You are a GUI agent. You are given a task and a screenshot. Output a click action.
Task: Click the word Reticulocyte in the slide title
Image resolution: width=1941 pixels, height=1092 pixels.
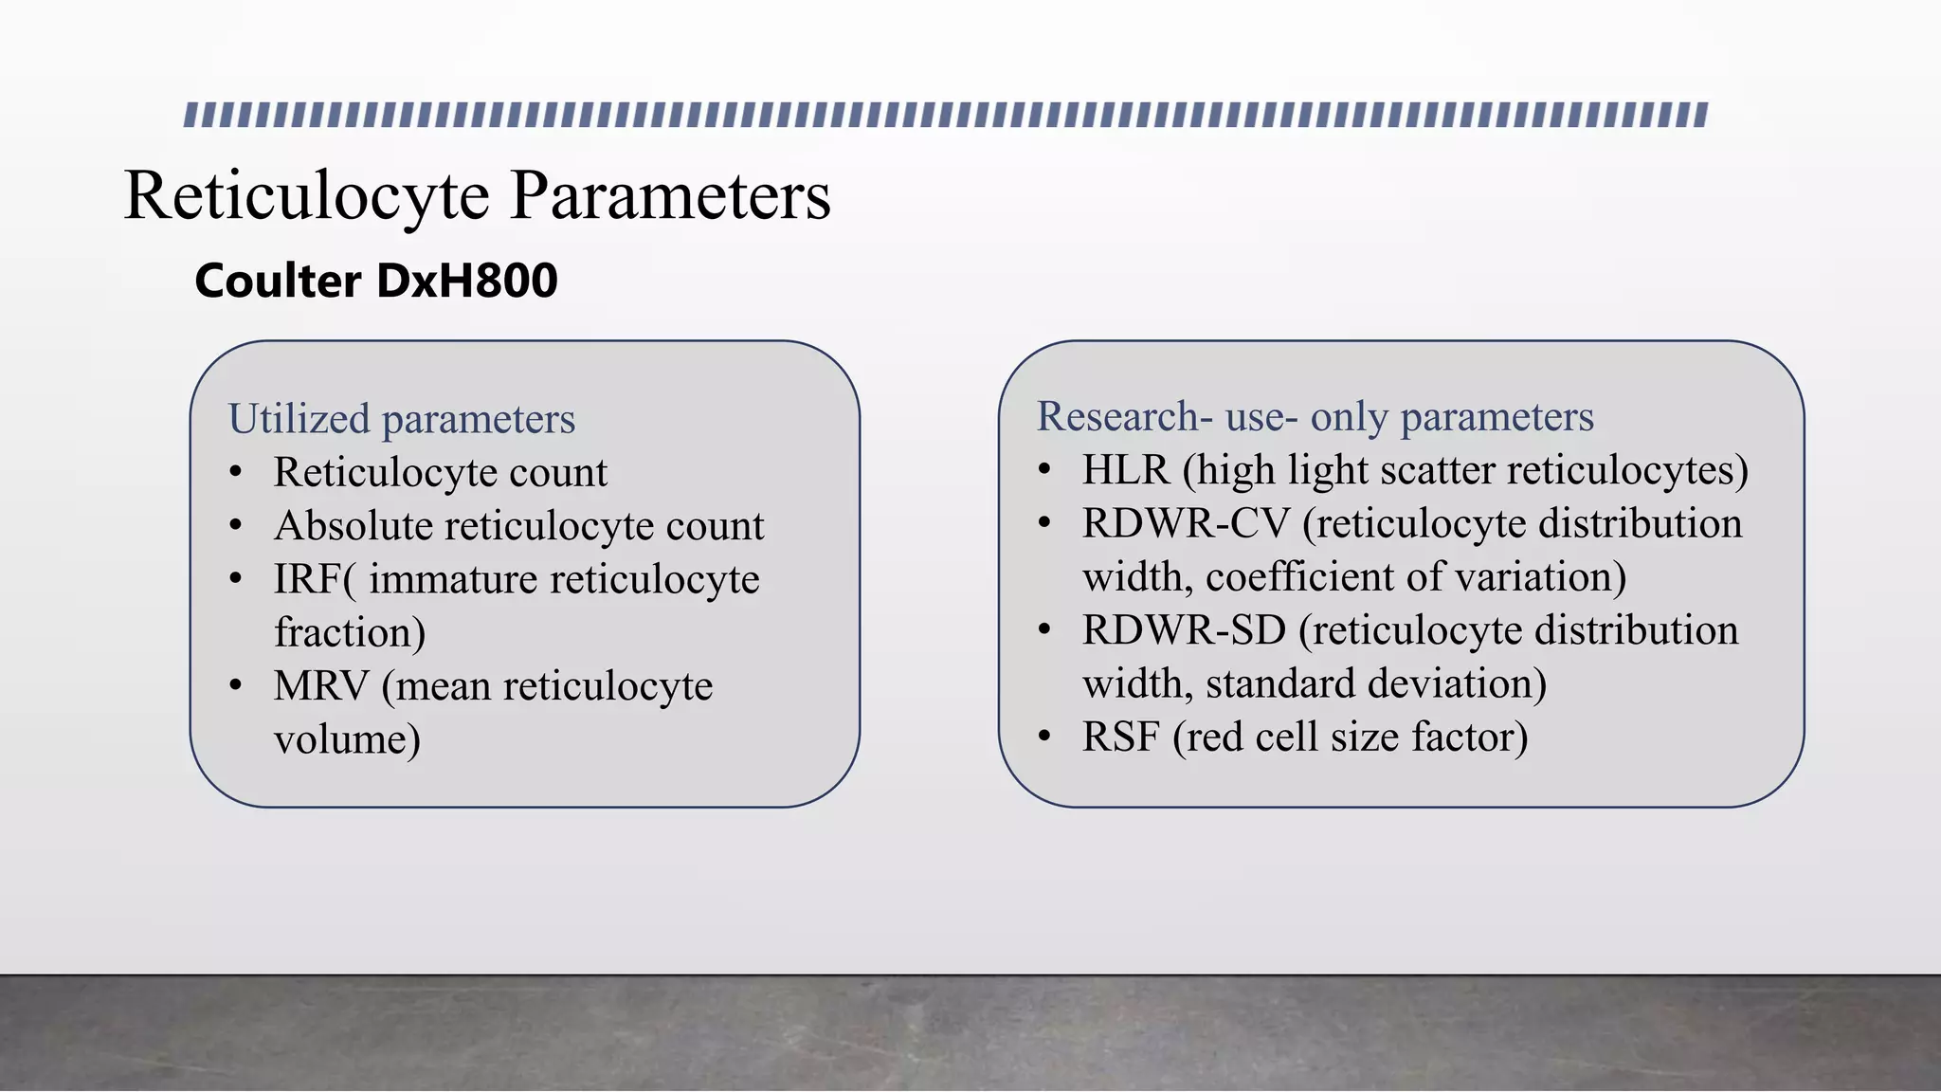(x=306, y=196)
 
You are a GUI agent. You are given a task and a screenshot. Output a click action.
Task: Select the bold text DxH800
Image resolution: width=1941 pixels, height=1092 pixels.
(x=466, y=281)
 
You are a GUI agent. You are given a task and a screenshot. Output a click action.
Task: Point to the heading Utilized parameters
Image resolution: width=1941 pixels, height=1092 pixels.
(x=401, y=419)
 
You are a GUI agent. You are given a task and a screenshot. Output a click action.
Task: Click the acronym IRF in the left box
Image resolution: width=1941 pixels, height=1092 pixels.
(x=308, y=579)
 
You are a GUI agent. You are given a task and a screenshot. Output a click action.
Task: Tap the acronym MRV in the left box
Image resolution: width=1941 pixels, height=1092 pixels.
(x=320, y=686)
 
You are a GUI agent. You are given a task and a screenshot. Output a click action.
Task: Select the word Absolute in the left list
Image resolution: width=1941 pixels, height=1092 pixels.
(x=353, y=526)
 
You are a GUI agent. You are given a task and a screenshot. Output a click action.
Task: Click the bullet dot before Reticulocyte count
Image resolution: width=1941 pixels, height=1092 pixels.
(x=236, y=472)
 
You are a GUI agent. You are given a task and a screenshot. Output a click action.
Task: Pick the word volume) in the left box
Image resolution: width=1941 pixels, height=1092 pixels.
(x=347, y=740)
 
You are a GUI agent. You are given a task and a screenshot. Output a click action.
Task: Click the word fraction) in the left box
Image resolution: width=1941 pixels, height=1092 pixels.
(x=350, y=633)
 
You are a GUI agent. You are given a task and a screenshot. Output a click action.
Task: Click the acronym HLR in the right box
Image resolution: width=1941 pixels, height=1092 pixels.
(x=1126, y=470)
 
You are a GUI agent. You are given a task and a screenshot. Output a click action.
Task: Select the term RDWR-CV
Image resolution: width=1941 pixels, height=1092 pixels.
(x=1186, y=524)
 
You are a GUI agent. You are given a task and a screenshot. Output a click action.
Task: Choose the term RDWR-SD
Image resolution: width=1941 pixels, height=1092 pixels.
(x=1184, y=631)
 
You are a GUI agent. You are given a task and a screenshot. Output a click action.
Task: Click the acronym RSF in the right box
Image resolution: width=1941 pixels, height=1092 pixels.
(x=1120, y=737)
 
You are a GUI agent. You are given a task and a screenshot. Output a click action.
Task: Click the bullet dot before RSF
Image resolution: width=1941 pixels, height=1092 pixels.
(x=1044, y=737)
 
